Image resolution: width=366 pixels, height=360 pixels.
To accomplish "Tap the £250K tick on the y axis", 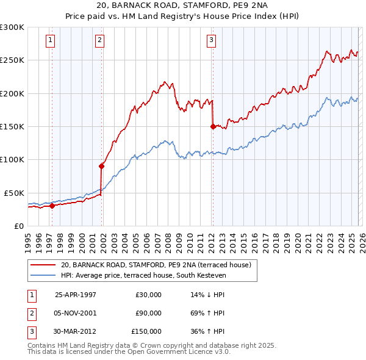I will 12,60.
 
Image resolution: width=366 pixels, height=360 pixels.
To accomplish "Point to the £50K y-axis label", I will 14,193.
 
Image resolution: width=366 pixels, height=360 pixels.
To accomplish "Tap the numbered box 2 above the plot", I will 99,41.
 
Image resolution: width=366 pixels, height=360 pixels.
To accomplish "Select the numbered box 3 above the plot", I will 211,41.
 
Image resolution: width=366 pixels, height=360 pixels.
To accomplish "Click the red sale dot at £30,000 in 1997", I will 52,206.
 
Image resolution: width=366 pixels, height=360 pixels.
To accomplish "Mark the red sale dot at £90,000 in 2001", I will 101,166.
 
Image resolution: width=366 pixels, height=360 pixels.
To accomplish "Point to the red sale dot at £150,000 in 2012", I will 213,126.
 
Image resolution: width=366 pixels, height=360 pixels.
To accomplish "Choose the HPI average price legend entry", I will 143,276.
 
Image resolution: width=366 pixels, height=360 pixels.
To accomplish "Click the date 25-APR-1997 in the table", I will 76,295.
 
